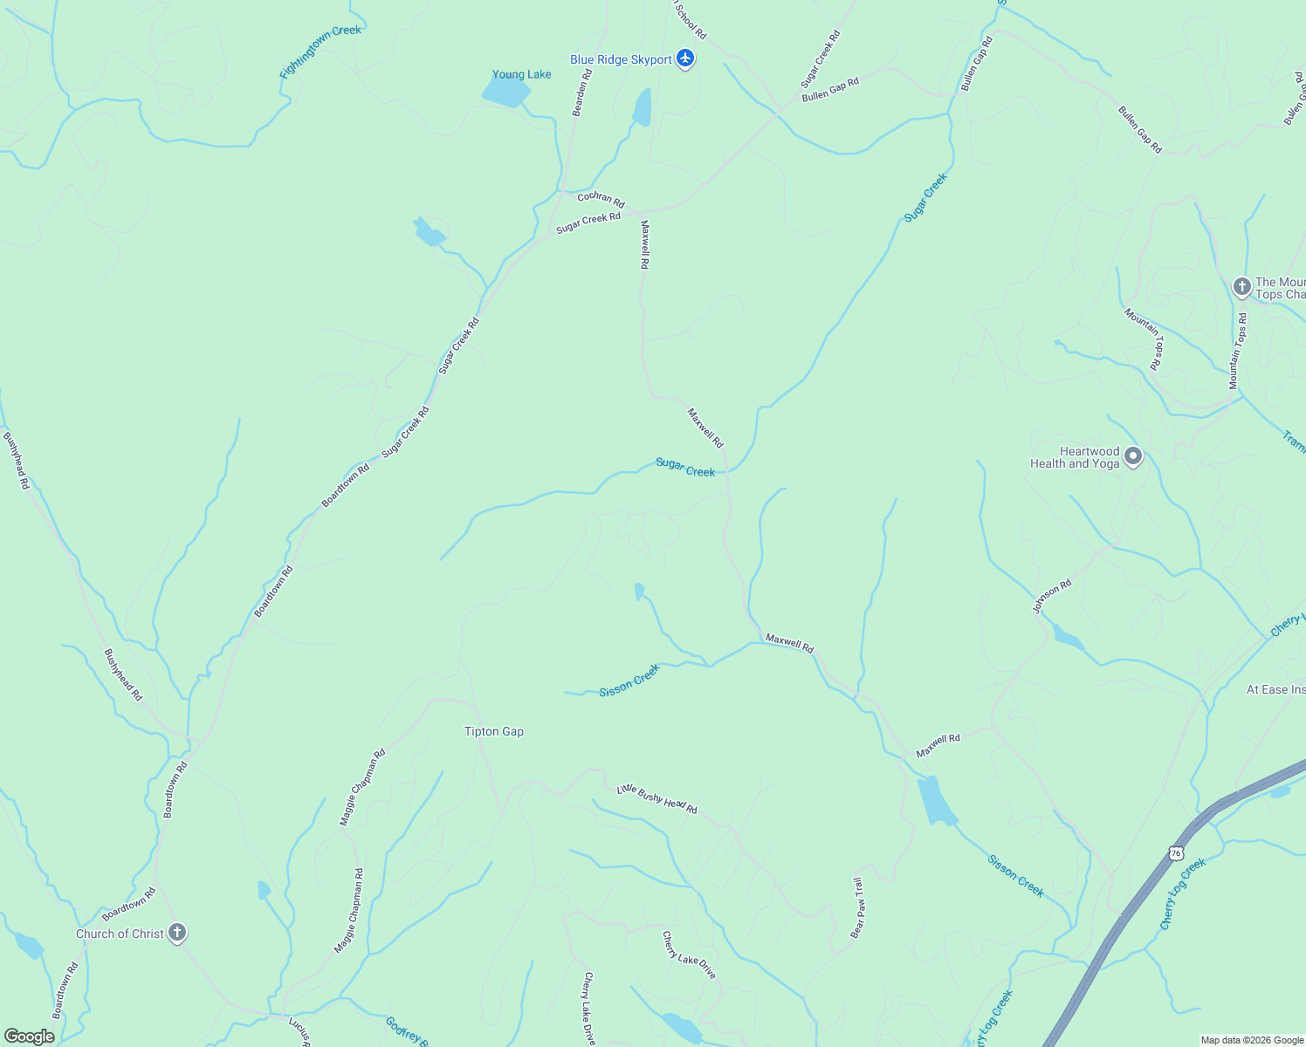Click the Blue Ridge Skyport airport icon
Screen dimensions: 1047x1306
click(x=685, y=58)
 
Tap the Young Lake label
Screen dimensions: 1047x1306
click(x=522, y=74)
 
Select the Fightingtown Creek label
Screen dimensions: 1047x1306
click(x=320, y=53)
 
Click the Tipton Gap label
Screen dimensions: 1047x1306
click(x=494, y=731)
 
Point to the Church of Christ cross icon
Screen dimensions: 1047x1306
click(x=177, y=933)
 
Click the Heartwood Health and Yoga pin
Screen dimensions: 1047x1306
click(x=1133, y=456)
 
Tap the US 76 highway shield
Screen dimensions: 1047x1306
click(x=1176, y=852)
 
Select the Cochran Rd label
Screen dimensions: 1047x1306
click(x=601, y=199)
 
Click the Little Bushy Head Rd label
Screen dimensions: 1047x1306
click(x=657, y=798)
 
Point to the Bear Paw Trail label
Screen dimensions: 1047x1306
click(x=858, y=908)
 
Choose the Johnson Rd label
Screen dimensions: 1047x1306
click(x=1052, y=597)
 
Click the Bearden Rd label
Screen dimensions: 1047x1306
click(x=582, y=92)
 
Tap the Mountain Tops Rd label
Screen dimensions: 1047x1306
click(x=1238, y=351)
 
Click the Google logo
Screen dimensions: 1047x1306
click(x=29, y=1037)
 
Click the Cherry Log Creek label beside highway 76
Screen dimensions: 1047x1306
click(x=1183, y=893)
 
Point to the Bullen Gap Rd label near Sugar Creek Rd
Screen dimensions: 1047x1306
click(x=830, y=89)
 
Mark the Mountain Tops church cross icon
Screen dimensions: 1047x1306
click(x=1241, y=286)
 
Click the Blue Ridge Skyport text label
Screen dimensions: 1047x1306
click(x=621, y=59)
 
